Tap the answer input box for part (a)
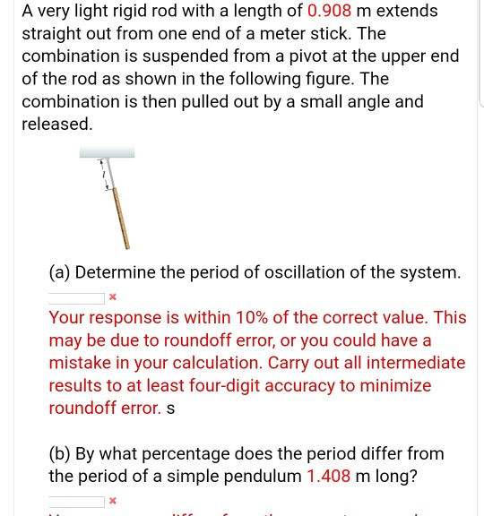[76, 297]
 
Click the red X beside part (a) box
[113, 297]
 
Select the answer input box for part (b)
[76, 501]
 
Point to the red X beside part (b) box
[113, 501]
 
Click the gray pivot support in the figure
[107, 152]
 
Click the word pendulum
[259, 476]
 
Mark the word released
[56, 124]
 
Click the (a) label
[61, 272]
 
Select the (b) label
[61, 453]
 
